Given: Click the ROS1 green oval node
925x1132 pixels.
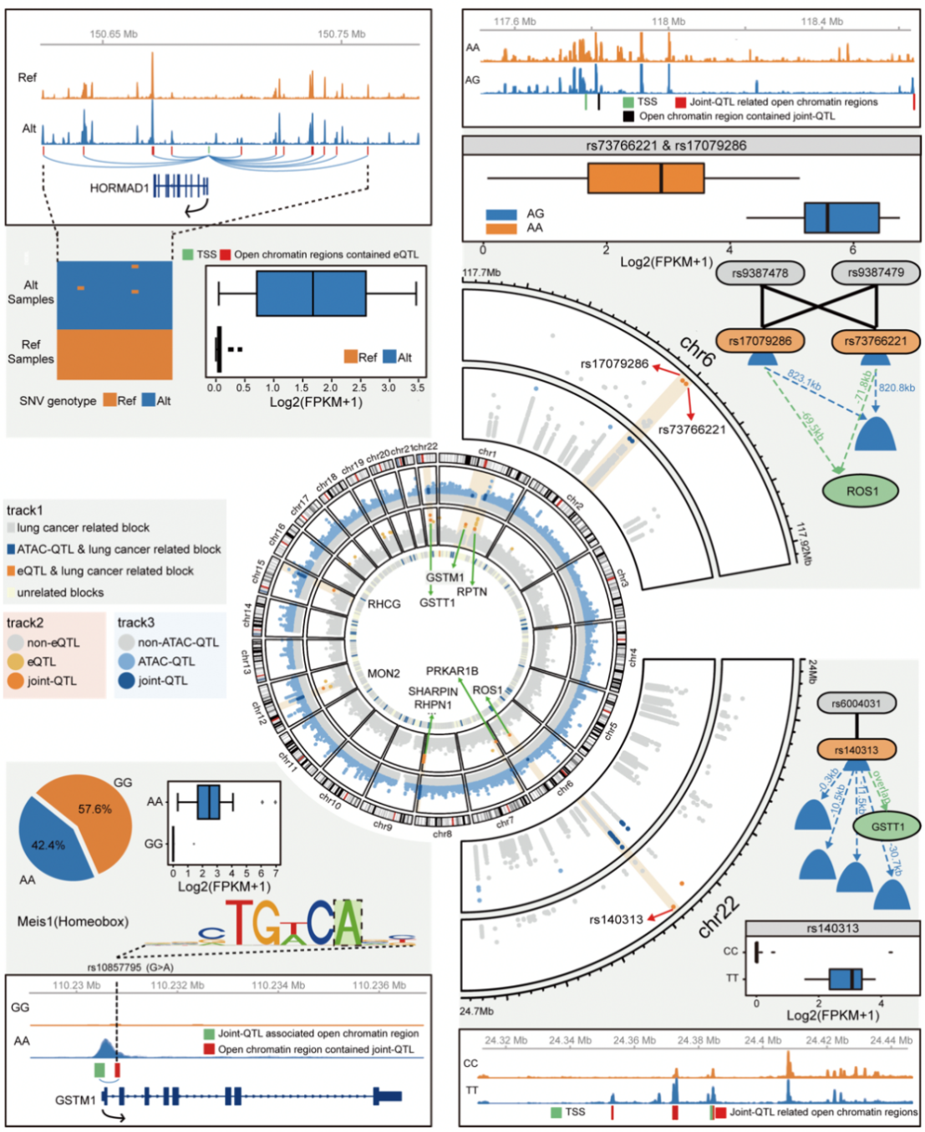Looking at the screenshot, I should (861, 491).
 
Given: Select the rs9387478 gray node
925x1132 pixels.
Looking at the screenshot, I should (760, 272).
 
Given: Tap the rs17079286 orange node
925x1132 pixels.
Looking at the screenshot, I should (760, 341).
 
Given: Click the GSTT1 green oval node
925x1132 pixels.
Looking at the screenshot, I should (887, 826).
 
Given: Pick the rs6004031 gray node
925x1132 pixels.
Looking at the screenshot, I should (856, 703).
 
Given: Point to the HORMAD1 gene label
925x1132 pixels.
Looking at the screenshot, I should (119, 188).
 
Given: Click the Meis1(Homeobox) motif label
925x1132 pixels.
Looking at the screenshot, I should (73, 921).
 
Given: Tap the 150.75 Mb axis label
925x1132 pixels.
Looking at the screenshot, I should (341, 34).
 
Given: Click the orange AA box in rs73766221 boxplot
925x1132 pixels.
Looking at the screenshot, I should (645, 178).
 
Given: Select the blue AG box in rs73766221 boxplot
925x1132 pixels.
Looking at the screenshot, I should (841, 217).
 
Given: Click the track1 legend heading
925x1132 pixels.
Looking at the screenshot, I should (25, 510).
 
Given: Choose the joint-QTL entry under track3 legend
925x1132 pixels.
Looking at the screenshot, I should (162, 681).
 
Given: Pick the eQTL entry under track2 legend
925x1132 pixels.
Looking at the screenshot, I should (42, 662).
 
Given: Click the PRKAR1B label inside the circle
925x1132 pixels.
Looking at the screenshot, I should (452, 671).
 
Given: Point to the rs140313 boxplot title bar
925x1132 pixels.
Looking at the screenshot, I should (831, 928).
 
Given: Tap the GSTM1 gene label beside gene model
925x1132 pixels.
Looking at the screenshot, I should (75, 1100).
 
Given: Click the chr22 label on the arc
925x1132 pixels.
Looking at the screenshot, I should (718, 916).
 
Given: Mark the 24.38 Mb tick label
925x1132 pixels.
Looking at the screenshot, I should (699, 1040).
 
